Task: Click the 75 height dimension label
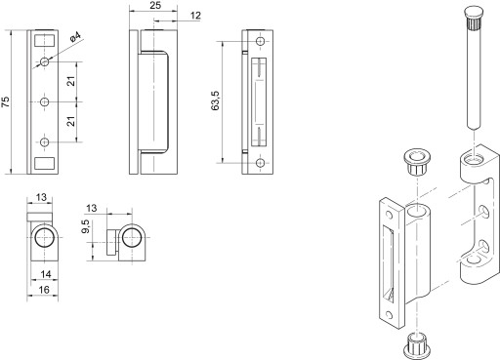(x=6, y=101)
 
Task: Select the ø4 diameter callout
(x=75, y=36)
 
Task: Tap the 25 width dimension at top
(x=156, y=5)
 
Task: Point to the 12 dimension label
(x=195, y=16)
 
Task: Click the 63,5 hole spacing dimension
(x=216, y=100)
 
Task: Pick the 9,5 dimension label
(x=86, y=226)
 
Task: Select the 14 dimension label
(x=46, y=274)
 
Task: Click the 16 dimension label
(x=44, y=290)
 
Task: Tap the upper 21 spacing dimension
(x=71, y=81)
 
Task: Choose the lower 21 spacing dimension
(x=71, y=121)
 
